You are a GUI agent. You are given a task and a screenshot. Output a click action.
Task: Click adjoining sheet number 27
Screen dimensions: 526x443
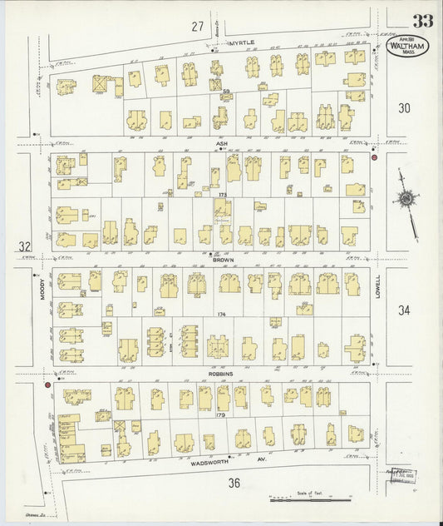(196, 27)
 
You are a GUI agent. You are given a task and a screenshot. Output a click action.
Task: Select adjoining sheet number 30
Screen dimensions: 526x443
(405, 107)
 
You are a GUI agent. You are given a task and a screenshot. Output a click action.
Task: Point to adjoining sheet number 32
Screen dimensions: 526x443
(24, 246)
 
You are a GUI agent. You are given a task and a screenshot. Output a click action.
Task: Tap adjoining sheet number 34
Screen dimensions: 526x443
(405, 310)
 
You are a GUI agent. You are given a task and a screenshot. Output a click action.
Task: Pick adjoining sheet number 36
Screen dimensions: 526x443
(234, 483)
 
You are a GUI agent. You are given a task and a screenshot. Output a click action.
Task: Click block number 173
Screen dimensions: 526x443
(222, 195)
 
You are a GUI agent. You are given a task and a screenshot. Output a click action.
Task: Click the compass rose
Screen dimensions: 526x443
(406, 200)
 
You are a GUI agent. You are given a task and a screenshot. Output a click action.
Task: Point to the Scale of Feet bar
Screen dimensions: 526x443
(304, 499)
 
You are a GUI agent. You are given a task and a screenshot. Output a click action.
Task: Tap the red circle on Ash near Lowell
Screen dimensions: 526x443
(375, 157)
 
